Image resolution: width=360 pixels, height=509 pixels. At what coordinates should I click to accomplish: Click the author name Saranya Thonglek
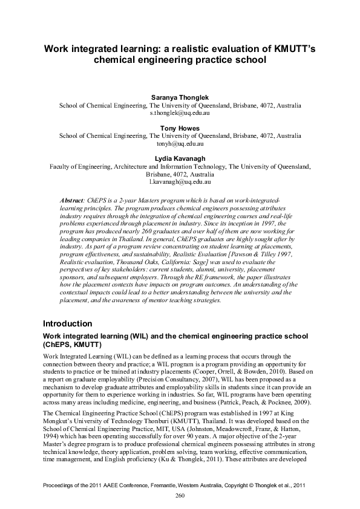point(180,97)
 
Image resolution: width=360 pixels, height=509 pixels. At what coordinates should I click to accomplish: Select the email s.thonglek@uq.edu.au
point(180,112)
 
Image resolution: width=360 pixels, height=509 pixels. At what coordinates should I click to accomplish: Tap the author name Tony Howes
point(180,128)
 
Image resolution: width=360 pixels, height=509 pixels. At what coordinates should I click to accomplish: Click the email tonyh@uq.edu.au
point(180,144)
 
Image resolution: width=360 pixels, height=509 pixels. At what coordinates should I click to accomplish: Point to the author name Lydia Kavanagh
point(180,159)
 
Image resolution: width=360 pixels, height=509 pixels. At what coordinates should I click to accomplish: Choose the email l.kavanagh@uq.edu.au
point(180,181)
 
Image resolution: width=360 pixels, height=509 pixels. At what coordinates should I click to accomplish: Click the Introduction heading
point(68,323)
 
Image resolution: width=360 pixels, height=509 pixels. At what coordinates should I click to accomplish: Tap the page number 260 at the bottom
point(180,496)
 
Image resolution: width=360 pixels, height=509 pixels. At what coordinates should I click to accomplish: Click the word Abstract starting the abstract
point(74,199)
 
